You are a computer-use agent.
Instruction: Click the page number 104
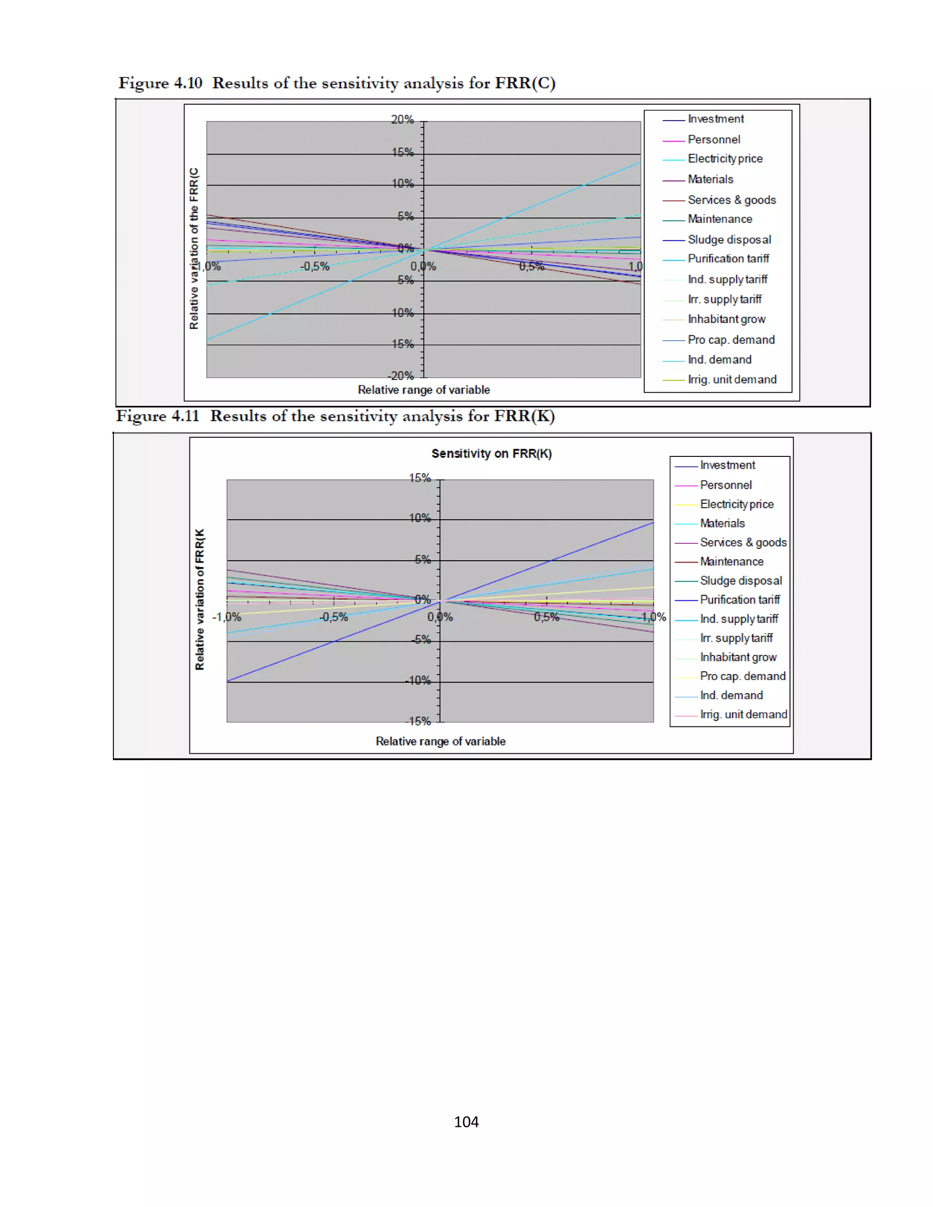click(x=466, y=1121)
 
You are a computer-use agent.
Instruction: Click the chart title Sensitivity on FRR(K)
click(x=492, y=454)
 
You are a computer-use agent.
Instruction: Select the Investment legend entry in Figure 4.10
click(x=715, y=119)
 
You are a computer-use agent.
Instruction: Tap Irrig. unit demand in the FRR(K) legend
click(x=743, y=715)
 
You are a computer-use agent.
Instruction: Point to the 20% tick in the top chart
click(x=402, y=119)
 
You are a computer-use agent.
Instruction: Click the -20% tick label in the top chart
click(x=401, y=376)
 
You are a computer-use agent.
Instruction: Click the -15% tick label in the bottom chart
click(x=418, y=721)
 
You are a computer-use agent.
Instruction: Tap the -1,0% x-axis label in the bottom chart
click(x=226, y=617)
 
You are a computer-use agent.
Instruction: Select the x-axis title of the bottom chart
click(x=441, y=741)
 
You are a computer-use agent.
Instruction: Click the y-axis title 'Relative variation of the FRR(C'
click(x=194, y=249)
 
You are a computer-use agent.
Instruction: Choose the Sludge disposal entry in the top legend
click(x=729, y=239)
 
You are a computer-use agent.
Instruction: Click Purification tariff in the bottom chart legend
click(x=739, y=600)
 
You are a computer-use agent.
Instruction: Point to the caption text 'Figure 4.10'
click(x=160, y=83)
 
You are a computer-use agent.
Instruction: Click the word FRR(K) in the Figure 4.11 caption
click(x=524, y=416)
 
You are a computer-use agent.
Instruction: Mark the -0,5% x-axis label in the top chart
click(x=314, y=266)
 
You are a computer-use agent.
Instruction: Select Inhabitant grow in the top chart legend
click(x=726, y=319)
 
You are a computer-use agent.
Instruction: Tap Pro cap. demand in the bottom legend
click(x=742, y=676)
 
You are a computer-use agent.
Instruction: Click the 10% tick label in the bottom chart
click(x=420, y=518)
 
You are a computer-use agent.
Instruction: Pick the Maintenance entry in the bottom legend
click(x=731, y=562)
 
